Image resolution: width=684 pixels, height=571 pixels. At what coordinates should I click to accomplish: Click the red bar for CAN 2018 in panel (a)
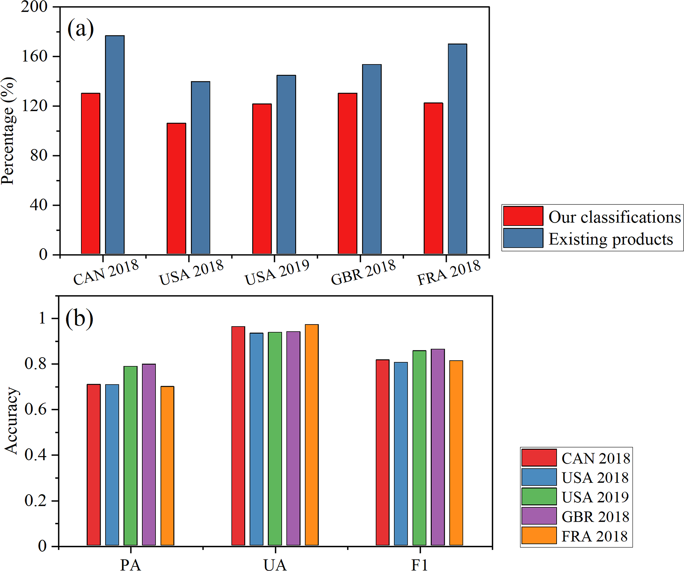(91, 173)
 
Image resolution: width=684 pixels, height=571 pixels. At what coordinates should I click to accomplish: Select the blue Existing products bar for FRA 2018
(457, 149)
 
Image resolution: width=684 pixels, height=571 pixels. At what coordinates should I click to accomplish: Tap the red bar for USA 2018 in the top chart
(176, 188)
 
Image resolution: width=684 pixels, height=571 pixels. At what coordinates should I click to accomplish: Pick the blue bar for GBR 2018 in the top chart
(372, 159)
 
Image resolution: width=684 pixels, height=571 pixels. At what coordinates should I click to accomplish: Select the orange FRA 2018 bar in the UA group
(312, 435)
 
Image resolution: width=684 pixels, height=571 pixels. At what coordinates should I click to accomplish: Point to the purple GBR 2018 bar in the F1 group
(438, 447)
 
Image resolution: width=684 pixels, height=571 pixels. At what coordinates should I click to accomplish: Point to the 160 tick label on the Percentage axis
(34, 56)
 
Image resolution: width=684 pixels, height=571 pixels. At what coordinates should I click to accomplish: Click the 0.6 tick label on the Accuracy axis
(35, 409)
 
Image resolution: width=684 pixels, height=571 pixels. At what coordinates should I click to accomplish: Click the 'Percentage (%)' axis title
(8, 131)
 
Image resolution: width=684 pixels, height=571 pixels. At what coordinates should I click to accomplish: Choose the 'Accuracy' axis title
(11, 420)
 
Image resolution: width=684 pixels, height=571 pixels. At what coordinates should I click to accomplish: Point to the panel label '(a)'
(80, 29)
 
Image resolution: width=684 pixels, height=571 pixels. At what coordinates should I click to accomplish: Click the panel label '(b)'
(79, 318)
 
